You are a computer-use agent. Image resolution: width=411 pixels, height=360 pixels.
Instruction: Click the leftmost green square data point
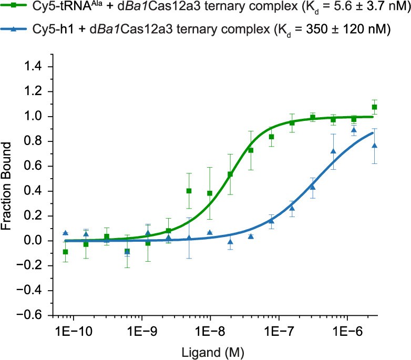(65, 252)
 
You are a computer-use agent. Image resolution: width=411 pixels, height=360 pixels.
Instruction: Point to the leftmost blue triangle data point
(65, 233)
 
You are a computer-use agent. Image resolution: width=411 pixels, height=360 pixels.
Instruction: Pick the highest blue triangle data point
(354, 130)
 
